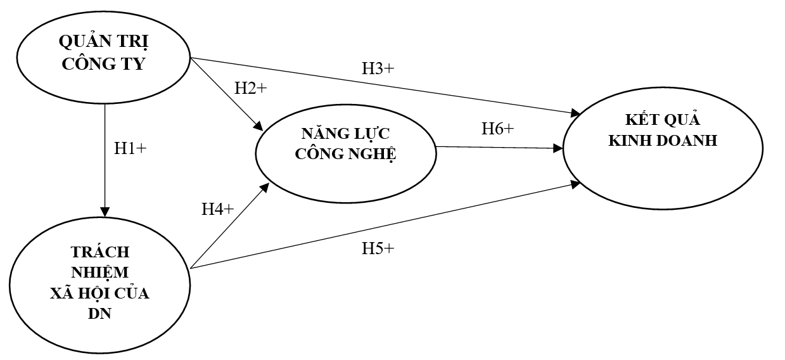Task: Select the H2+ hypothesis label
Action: point(250,89)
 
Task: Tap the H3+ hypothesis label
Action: point(378,69)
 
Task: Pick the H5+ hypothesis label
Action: point(378,248)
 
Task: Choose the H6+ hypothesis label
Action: point(497,128)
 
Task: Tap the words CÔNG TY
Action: point(104,63)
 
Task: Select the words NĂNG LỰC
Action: point(345,134)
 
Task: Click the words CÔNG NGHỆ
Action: point(345,154)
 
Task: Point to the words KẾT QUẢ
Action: point(663,120)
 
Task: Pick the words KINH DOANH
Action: point(663,141)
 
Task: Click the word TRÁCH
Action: point(99,252)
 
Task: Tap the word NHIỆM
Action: point(99,273)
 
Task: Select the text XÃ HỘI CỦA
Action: point(99,293)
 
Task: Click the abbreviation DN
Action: point(99,313)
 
